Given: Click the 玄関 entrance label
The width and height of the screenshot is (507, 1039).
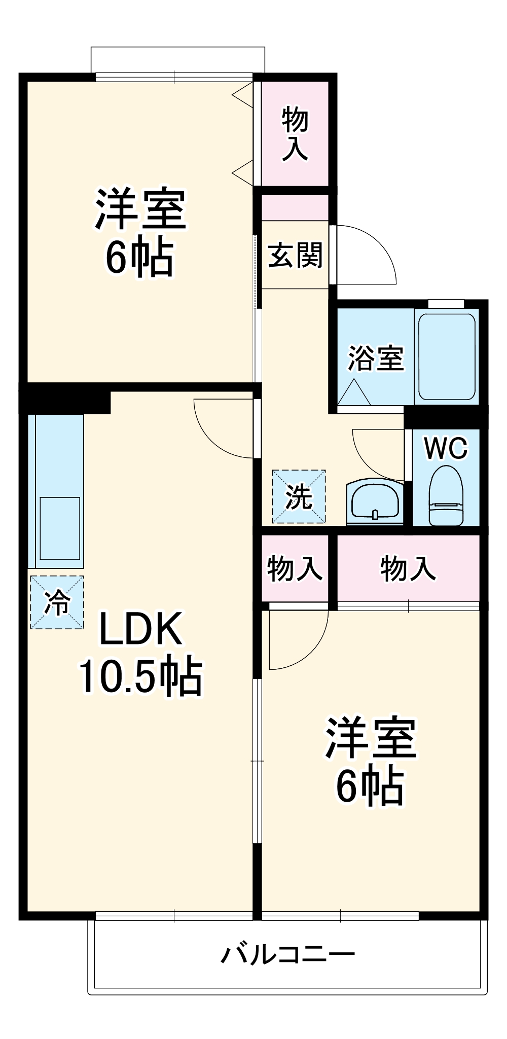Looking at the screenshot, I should pos(295,255).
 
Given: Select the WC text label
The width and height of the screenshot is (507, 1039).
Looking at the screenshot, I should pos(446,448).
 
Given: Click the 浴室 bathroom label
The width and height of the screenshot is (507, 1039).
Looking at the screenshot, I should pos(376,358).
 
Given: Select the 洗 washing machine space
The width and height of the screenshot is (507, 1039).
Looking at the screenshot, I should pos(299,496).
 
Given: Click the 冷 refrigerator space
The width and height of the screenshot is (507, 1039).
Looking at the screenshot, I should pos(57,602).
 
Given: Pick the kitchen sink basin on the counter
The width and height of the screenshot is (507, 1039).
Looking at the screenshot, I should pos(60,528).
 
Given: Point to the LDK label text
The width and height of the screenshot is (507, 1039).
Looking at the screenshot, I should pos(140,629).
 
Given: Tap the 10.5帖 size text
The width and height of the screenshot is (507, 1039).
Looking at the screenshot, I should pos(140,677).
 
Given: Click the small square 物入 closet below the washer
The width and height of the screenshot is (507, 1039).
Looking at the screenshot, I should pos(295,568).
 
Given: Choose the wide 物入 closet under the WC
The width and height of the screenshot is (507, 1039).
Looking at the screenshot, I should pos(408,568).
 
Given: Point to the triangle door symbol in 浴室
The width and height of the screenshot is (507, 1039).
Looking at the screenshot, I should pos(355,393).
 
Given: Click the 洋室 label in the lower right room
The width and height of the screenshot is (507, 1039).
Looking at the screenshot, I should pos(371,738).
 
